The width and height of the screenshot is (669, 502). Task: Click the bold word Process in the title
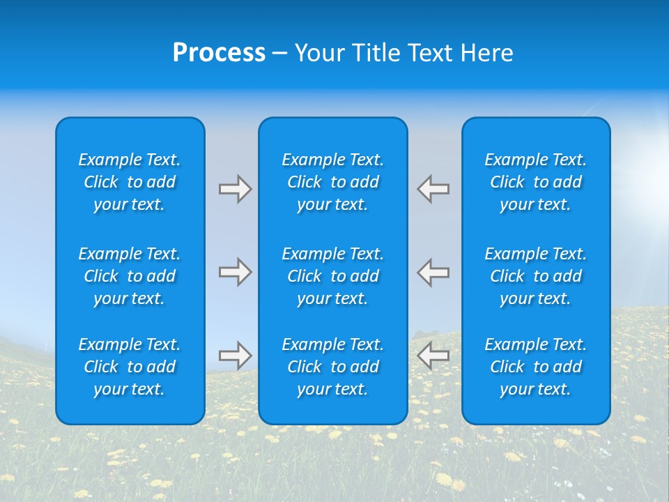(219, 53)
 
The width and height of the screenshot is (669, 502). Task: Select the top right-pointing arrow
(236, 189)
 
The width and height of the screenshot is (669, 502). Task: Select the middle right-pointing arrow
(236, 272)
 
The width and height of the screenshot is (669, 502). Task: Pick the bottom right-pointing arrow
(236, 356)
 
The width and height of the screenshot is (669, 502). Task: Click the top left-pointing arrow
(433, 189)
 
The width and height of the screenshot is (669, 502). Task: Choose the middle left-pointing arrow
(433, 272)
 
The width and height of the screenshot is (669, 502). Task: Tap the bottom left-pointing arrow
(433, 356)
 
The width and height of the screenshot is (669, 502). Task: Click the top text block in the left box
(130, 182)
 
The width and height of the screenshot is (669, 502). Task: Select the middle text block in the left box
(130, 276)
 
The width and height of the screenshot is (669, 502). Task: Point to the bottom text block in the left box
(130, 367)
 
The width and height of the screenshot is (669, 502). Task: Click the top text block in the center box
(333, 182)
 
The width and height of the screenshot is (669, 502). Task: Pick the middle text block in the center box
(333, 276)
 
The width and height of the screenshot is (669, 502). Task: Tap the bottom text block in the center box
(333, 367)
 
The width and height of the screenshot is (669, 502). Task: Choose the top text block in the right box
(536, 182)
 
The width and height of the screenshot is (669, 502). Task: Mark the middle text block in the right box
(536, 276)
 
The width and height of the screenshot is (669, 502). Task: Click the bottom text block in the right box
(536, 367)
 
